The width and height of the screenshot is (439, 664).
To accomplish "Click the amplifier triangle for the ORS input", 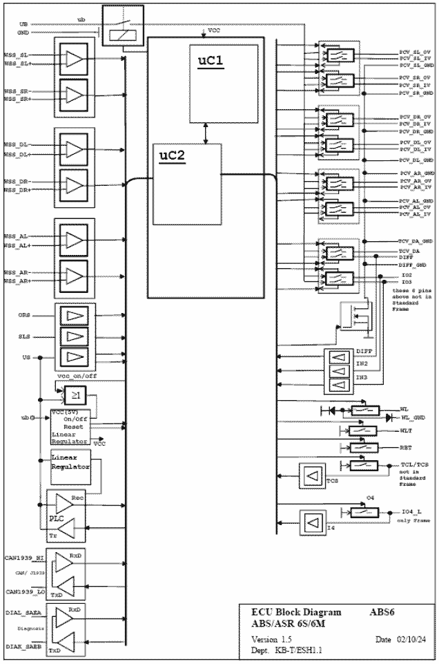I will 72,316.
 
